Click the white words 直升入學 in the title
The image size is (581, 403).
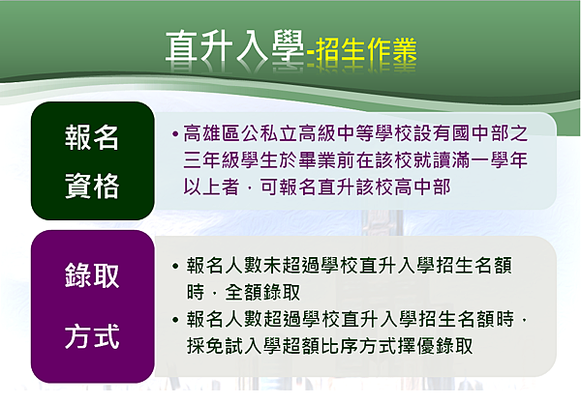(x=234, y=46)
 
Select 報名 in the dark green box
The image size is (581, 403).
(x=92, y=137)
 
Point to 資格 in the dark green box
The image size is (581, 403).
(x=92, y=186)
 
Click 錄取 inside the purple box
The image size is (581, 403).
(x=92, y=275)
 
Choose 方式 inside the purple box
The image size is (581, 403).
(x=92, y=336)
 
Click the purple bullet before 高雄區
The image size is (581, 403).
(x=175, y=133)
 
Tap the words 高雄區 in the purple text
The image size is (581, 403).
(x=212, y=133)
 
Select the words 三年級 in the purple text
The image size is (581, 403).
(x=212, y=160)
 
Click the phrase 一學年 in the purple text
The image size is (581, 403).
(x=499, y=160)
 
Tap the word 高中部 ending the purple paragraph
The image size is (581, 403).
(x=422, y=187)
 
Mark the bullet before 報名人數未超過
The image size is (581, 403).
(x=175, y=266)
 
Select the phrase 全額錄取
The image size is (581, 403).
(x=262, y=293)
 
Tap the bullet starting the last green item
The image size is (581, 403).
(x=175, y=320)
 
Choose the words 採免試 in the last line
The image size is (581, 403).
(x=215, y=346)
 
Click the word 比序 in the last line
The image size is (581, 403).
(x=340, y=346)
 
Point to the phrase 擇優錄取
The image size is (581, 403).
(x=435, y=346)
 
